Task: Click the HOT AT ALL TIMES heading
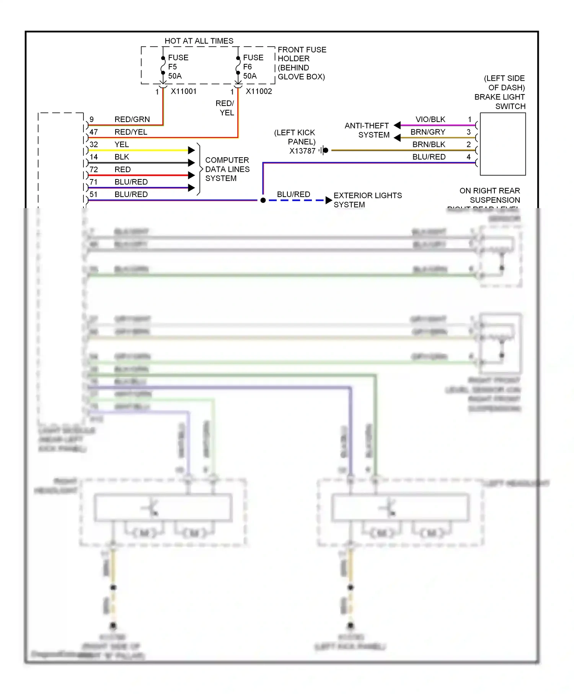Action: point(199,41)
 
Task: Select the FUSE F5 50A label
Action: point(178,67)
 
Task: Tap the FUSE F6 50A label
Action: point(253,67)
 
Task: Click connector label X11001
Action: point(184,91)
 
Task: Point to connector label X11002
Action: point(259,91)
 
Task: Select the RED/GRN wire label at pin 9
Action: point(132,119)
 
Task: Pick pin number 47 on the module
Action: point(94,132)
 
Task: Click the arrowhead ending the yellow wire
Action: point(192,150)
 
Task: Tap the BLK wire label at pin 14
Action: point(122,157)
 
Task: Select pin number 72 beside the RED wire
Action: point(94,169)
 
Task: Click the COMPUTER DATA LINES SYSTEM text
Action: point(227,169)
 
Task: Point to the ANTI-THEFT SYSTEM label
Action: point(367,130)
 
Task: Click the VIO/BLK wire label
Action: point(430,119)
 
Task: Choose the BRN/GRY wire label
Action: point(428,132)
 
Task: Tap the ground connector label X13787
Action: point(302,151)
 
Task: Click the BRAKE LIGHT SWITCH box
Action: point(502,144)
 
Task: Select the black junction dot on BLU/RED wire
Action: point(263,200)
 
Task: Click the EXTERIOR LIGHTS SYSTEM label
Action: point(367,200)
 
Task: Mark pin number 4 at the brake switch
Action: point(468,157)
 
